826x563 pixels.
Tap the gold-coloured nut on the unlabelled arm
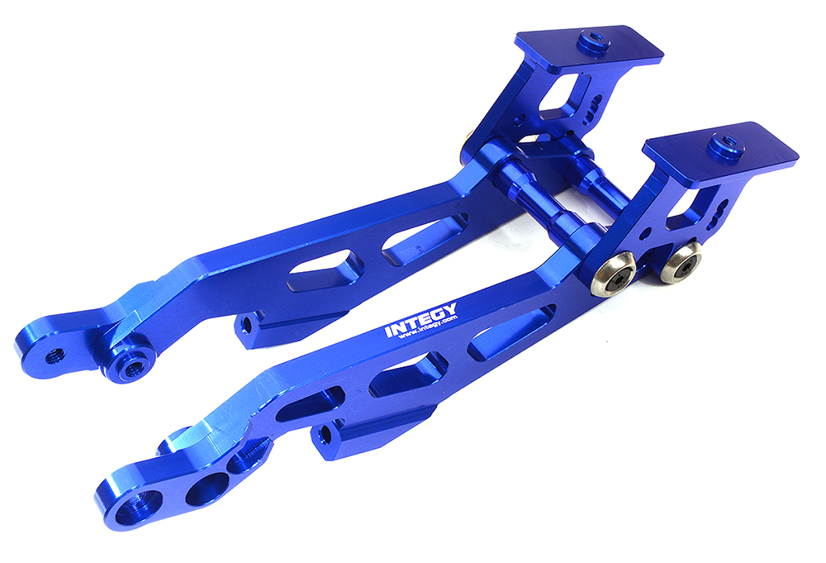coord(468,146)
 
